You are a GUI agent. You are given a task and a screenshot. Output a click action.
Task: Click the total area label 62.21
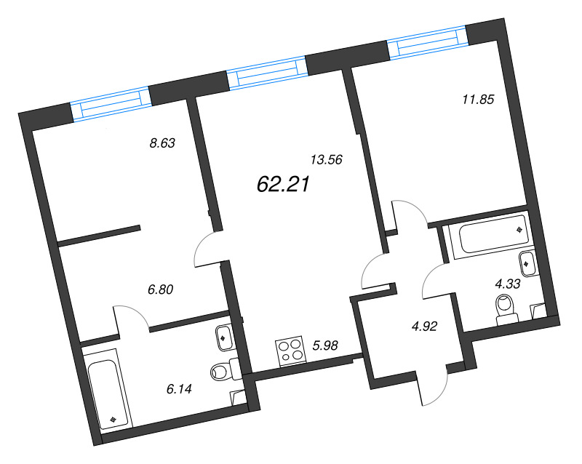tap(284, 185)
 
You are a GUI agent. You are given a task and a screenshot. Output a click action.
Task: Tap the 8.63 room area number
tap(163, 143)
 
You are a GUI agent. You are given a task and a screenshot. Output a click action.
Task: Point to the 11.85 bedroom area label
tap(478, 100)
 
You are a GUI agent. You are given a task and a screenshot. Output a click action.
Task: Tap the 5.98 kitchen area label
tap(326, 346)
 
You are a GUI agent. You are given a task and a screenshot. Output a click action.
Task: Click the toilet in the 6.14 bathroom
tap(225, 371)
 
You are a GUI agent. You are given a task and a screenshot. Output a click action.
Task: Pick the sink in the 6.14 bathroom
tap(224, 337)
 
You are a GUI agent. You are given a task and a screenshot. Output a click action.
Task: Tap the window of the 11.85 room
tap(427, 43)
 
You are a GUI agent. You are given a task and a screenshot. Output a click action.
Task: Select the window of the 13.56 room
tap(267, 73)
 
